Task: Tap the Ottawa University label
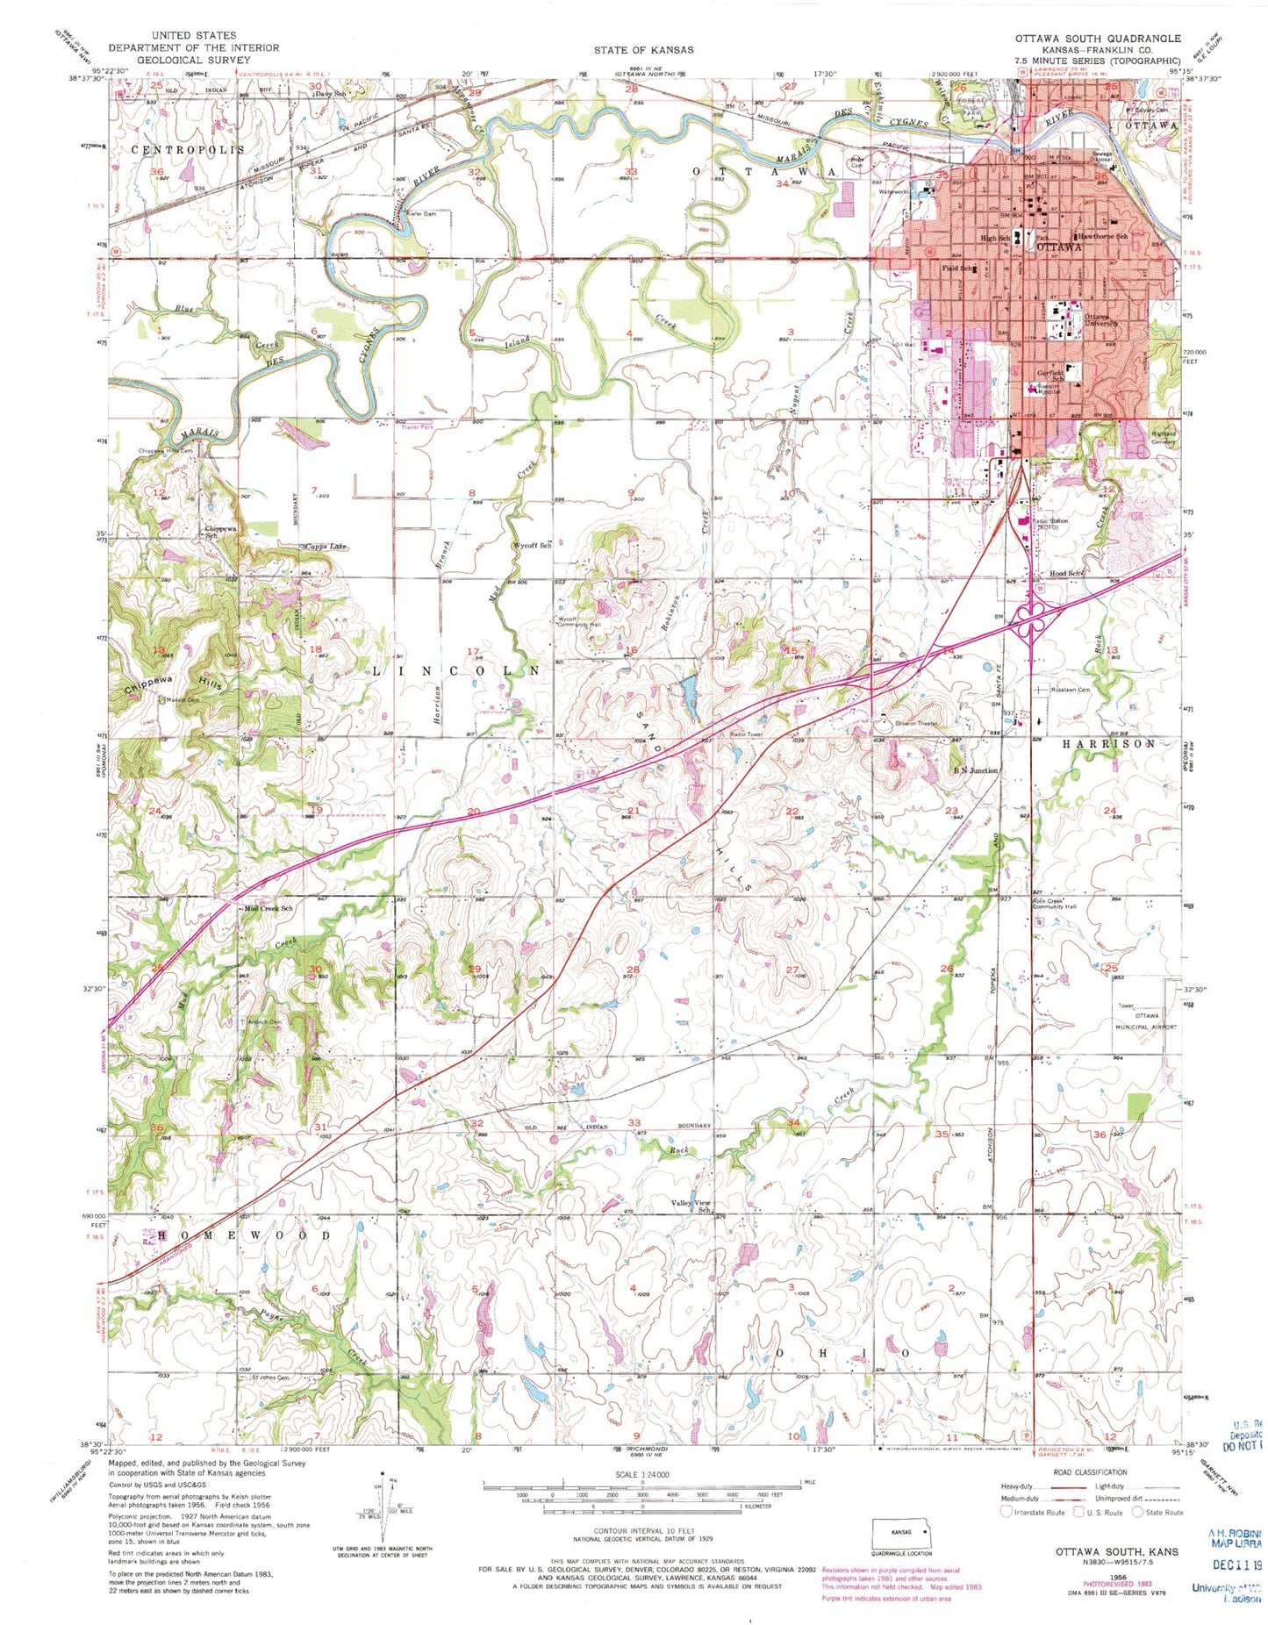1101,319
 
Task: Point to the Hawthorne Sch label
1102,237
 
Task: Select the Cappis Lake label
325,546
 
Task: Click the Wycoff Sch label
532,545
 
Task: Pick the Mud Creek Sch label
268,908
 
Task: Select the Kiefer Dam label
420,214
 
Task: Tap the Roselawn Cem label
1068,690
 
